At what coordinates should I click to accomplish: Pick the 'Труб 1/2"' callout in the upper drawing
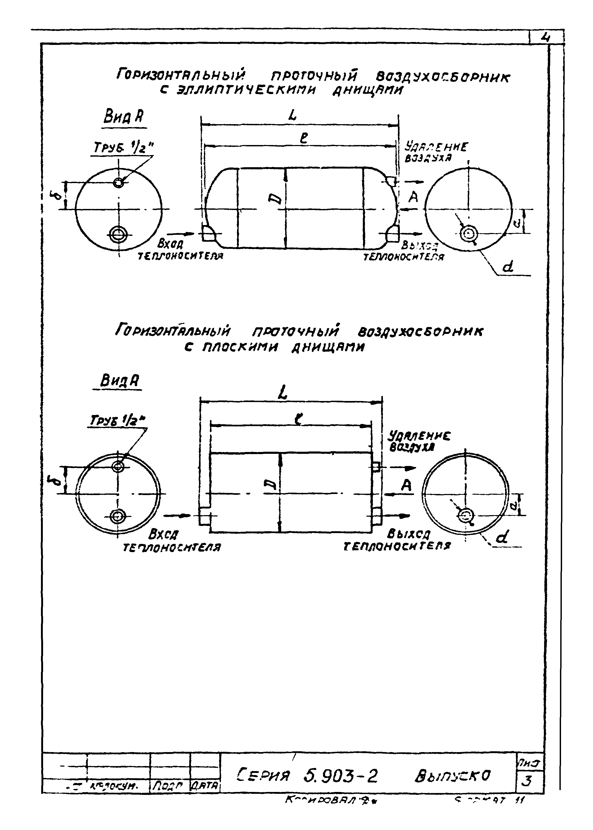(123, 148)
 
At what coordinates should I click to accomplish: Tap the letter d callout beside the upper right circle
(508, 268)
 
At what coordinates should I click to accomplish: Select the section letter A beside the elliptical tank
(413, 198)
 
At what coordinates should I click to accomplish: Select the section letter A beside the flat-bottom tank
(406, 486)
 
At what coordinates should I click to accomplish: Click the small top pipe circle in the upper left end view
(118, 183)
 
